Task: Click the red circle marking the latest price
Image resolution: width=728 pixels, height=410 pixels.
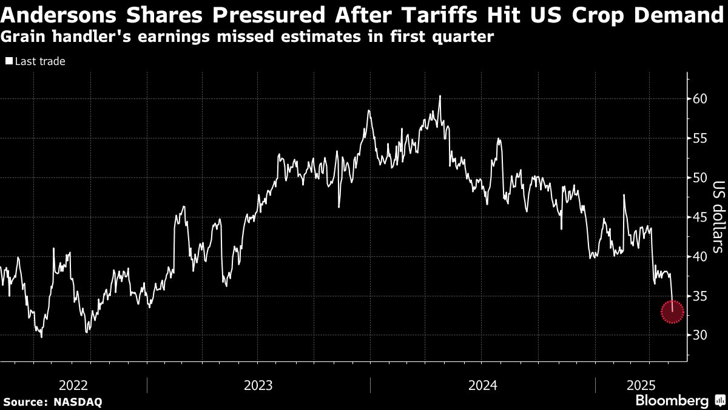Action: pos(672,312)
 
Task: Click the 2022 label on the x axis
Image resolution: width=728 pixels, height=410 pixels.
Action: pos(73,385)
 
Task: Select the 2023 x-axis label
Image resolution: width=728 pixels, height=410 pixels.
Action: pos(258,385)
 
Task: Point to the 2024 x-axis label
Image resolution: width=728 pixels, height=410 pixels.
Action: pos(482,385)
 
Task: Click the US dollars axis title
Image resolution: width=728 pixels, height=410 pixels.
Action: pos(718,217)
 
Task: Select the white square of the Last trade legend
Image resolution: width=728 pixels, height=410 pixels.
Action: pos(8,61)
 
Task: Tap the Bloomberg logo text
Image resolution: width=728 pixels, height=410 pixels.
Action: pos(672,400)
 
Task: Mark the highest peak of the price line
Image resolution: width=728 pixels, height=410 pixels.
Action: pos(439,96)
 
